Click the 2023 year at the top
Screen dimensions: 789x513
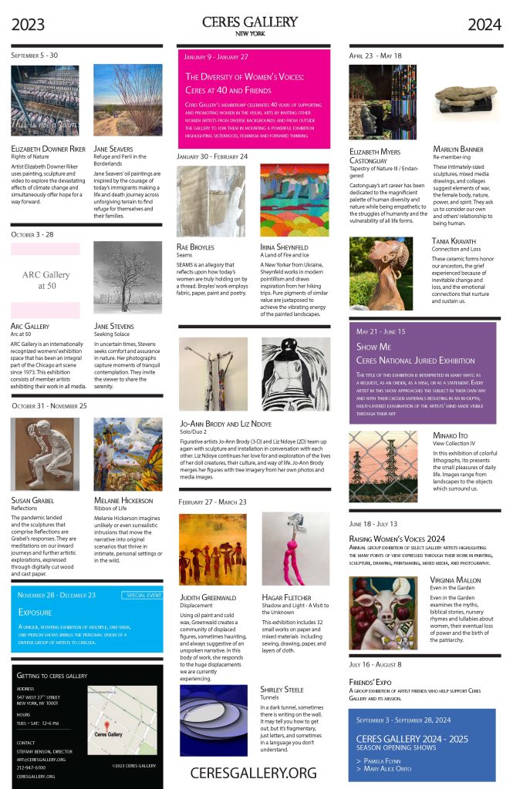pyautogui.click(x=28, y=25)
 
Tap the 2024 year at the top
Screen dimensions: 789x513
pyautogui.click(x=484, y=25)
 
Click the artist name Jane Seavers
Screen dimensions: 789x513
pyautogui.click(x=113, y=149)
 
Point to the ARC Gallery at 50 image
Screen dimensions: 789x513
pyautogui.click(x=46, y=280)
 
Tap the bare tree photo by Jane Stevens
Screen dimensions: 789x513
pyautogui.click(x=127, y=277)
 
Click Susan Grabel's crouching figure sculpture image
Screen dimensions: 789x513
pyautogui.click(x=46, y=454)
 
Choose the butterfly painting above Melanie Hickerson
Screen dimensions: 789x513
pyautogui.click(x=127, y=454)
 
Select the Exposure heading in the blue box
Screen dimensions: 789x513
pyautogui.click(x=34, y=612)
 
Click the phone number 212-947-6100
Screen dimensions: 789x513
pyautogui.click(x=31, y=767)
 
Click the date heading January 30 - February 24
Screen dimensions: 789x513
pyautogui.click(x=212, y=156)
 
